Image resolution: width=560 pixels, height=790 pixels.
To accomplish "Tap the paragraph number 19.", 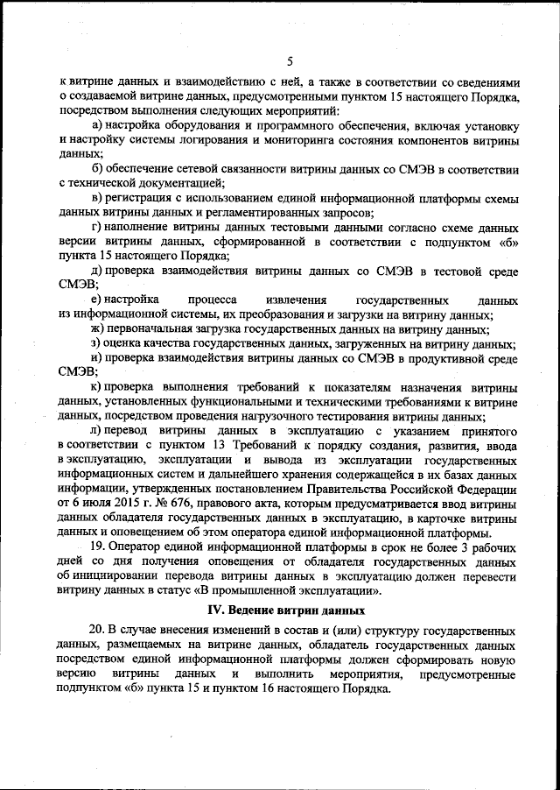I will pos(99,547).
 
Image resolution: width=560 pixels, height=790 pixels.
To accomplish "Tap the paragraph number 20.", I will pos(99,631).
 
